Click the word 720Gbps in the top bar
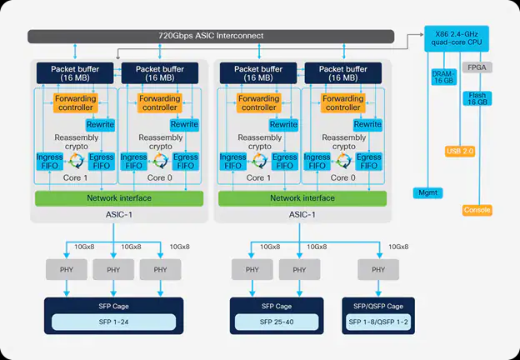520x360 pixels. tap(177, 37)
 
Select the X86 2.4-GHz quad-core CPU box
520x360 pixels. tap(455, 39)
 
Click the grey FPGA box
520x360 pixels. tap(477, 67)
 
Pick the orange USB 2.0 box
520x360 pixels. tap(459, 151)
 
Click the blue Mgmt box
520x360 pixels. tap(430, 192)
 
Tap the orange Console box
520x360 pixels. tap(477, 210)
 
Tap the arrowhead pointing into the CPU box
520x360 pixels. tap(422, 35)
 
